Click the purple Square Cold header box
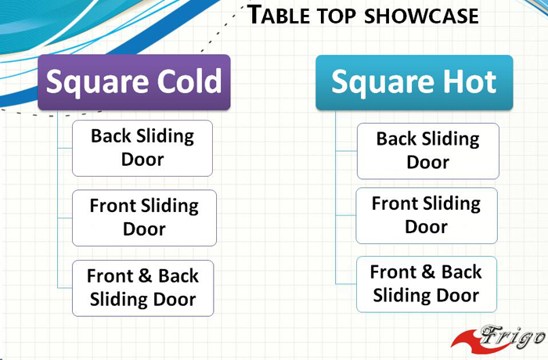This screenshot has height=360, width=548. point(134,82)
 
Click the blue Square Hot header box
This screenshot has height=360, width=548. point(414,82)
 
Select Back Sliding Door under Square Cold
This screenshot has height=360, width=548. point(142,148)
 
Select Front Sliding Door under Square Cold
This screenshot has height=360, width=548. point(144,218)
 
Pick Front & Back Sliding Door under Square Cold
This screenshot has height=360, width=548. point(143,288)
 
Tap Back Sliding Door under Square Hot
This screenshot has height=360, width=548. point(428,151)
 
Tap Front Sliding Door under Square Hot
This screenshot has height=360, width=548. point(427,215)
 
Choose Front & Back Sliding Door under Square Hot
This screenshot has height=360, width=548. point(427,284)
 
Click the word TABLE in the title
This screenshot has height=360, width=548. point(279,15)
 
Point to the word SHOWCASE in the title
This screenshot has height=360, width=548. point(421,16)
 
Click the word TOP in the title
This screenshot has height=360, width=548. point(337,16)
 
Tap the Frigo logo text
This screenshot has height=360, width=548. point(512,337)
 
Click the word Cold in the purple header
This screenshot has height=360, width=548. point(189,81)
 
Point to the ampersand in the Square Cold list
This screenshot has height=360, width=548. point(145,275)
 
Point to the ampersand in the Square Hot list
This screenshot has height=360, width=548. point(427,272)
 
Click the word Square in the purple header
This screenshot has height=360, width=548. point(98,83)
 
